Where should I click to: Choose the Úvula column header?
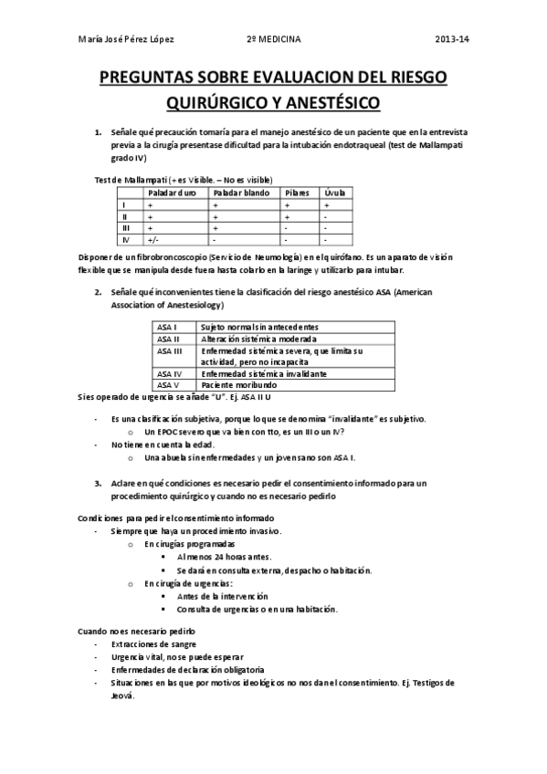pyautogui.click(x=335, y=193)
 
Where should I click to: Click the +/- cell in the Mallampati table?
pyautogui.click(x=153, y=240)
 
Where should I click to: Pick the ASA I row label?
pyautogui.click(x=167, y=326)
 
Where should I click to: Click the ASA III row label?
pyautogui.click(x=170, y=350)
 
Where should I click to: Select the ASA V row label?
pyautogui.click(x=168, y=385)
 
